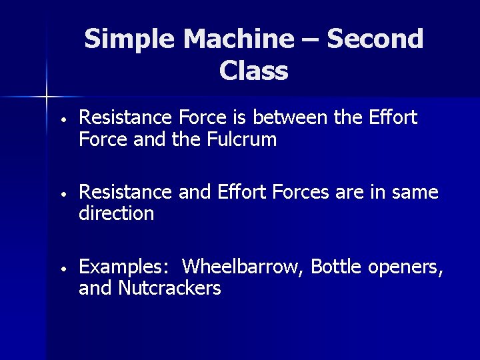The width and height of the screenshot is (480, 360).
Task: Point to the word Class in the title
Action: tap(253, 70)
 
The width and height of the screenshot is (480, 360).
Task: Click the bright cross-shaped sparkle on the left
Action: tap(47, 97)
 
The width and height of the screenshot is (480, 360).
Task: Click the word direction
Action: tap(116, 214)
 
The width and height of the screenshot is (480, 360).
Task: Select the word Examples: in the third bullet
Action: tap(123, 268)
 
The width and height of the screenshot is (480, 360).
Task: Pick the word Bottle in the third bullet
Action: tap(336, 267)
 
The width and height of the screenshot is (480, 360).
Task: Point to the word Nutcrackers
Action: tap(169, 289)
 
